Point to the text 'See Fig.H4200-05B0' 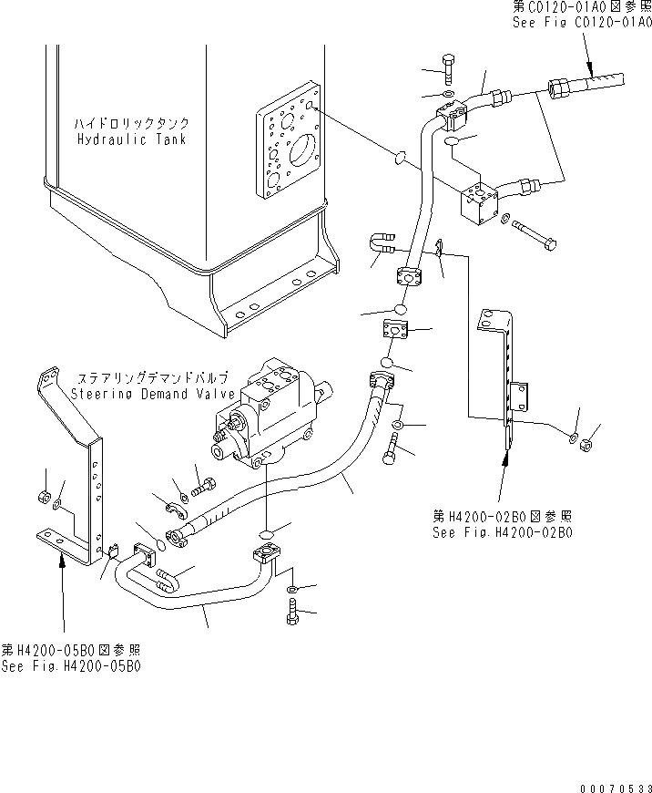(x=71, y=665)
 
